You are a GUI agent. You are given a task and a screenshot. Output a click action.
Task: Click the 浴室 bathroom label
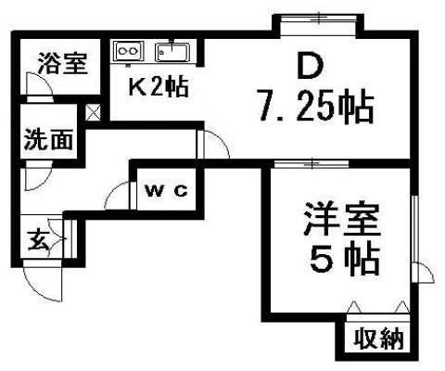tap(62, 64)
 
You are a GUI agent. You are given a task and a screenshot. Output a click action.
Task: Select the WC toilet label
tap(167, 191)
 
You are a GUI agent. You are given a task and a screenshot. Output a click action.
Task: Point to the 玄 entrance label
tap(38, 240)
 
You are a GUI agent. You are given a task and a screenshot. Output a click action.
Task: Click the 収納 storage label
tap(379, 339)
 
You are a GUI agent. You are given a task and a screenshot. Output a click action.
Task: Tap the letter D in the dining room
tap(310, 66)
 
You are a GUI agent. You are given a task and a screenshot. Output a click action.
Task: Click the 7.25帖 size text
tap(316, 106)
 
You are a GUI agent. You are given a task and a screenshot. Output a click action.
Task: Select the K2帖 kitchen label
tap(159, 87)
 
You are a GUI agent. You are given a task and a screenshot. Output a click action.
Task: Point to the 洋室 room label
tap(341, 220)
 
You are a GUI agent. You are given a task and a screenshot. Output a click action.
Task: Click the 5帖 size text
tap(345, 259)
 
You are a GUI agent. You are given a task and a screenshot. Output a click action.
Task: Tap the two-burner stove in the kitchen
tap(129, 51)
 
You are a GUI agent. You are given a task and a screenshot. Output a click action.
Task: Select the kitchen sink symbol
tap(172, 52)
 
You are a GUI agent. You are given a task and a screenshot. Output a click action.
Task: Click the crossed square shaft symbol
tap(93, 112)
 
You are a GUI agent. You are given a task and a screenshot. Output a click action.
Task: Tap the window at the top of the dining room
tap(319, 18)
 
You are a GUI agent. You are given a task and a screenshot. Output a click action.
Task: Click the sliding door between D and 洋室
tap(311, 163)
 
